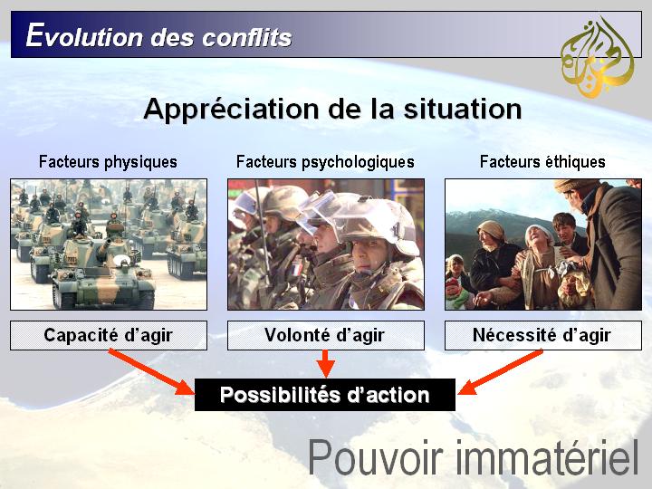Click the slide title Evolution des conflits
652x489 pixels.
(x=158, y=36)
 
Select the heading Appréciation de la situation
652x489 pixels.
(x=332, y=110)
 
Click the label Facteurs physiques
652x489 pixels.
(x=108, y=162)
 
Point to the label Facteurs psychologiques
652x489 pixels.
(x=325, y=162)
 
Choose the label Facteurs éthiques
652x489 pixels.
(x=542, y=162)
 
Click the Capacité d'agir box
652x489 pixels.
(x=109, y=335)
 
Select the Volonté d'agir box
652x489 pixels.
(x=326, y=335)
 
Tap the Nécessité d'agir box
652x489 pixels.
(x=543, y=335)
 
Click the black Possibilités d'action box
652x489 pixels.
(x=325, y=395)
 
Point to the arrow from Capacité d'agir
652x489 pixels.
(x=151, y=372)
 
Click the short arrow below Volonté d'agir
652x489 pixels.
(x=326, y=364)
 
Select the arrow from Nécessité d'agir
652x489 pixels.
(x=500, y=372)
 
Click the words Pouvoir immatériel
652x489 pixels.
(x=474, y=457)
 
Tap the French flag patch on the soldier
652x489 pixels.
(x=296, y=269)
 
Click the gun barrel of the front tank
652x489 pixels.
(x=103, y=246)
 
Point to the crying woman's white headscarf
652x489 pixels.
(x=539, y=234)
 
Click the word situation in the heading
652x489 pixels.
(x=463, y=110)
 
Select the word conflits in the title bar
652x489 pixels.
(x=247, y=37)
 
